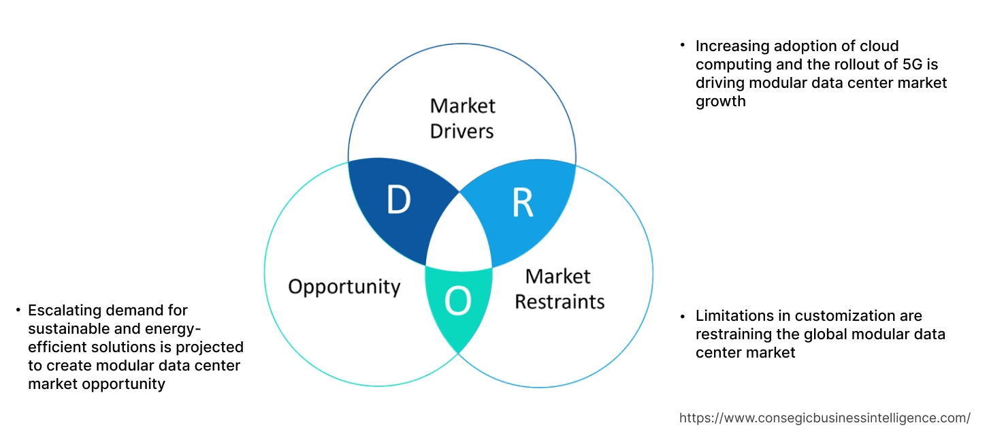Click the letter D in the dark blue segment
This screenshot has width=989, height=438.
point(398,199)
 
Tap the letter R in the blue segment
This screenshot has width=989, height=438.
point(522,203)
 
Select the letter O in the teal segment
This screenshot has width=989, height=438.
point(457,301)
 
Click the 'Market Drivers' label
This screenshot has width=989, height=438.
point(462,118)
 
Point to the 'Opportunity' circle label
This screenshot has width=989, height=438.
point(344,286)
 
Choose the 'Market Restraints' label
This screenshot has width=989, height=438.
point(559,288)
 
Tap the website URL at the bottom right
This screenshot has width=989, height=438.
point(824,418)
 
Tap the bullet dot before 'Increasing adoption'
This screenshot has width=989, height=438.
point(682,45)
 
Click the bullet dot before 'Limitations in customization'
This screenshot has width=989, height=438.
point(682,315)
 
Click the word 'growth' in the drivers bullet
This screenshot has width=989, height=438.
point(720,101)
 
